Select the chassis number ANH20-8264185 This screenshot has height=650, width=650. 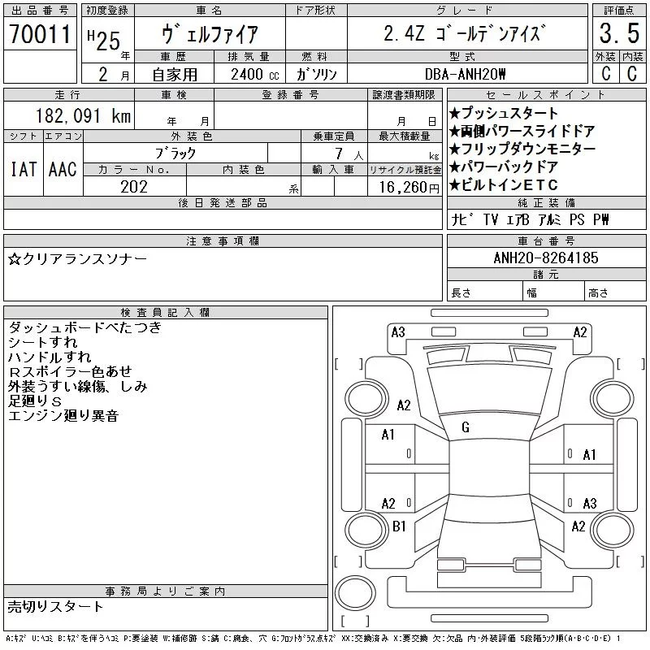546,258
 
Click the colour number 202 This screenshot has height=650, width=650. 133,187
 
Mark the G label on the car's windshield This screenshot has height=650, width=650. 466,427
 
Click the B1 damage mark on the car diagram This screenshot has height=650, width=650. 399,526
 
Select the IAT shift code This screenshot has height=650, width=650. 23,169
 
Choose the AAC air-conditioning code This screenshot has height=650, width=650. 63,169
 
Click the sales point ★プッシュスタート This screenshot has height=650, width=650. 503,114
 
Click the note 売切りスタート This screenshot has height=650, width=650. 55,606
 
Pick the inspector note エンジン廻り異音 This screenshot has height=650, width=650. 63,416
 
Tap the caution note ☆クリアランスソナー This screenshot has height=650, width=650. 78,258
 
